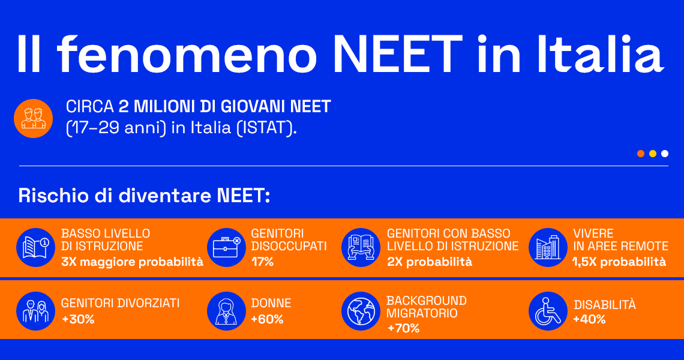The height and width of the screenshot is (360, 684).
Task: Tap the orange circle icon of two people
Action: click(34, 118)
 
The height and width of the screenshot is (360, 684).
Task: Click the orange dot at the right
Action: click(641, 154)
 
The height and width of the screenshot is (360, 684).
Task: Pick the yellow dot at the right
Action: click(653, 154)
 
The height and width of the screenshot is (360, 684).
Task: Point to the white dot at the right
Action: click(665, 154)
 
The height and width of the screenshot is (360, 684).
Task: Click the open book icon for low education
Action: click(35, 247)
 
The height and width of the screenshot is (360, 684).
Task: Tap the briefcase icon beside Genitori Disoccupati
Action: click(226, 247)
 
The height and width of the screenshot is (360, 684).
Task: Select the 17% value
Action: click(262, 262)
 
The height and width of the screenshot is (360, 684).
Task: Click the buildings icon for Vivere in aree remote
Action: click(548, 247)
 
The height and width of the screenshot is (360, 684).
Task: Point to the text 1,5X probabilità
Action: click(619, 262)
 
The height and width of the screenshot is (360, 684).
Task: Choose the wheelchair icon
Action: click(548, 311)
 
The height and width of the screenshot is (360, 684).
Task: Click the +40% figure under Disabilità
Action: click(589, 319)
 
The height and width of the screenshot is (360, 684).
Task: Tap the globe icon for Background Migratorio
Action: click(361, 311)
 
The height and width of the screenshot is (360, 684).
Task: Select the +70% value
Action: click(403, 328)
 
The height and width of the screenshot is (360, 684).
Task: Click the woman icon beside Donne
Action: click(226, 311)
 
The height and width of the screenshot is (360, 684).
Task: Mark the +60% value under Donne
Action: click(267, 319)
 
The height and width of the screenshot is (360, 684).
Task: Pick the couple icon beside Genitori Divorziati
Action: click(35, 311)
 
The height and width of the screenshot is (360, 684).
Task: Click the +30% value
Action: click(78, 319)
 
